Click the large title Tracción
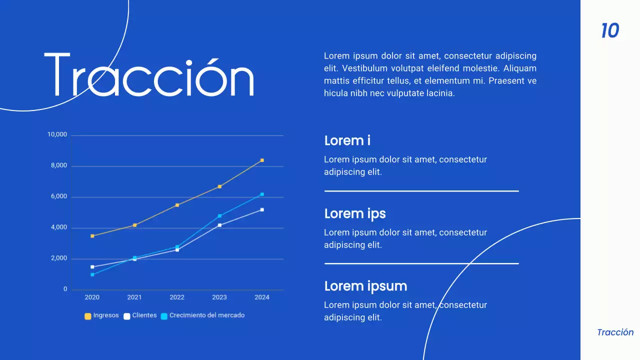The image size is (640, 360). (x=149, y=75)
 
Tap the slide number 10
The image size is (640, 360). (x=610, y=31)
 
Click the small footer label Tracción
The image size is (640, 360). (x=615, y=332)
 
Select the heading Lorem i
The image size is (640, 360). (x=347, y=140)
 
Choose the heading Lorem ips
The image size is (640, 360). (x=355, y=213)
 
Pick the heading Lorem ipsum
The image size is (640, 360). (x=365, y=286)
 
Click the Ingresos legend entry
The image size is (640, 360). (x=102, y=315)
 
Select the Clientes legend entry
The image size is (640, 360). (x=140, y=315)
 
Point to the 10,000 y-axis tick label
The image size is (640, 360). (x=57, y=134)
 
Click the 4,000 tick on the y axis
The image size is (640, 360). (x=58, y=227)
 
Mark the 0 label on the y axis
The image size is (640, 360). (x=65, y=289)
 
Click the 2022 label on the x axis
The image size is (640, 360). (x=177, y=297)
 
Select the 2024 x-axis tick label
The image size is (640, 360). (x=261, y=297)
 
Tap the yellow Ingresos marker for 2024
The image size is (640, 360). (x=262, y=160)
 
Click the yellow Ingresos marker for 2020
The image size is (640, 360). (x=92, y=236)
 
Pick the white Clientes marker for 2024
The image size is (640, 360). (x=262, y=209)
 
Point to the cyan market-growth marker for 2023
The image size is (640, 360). (x=219, y=216)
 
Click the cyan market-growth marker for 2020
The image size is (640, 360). (x=92, y=274)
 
